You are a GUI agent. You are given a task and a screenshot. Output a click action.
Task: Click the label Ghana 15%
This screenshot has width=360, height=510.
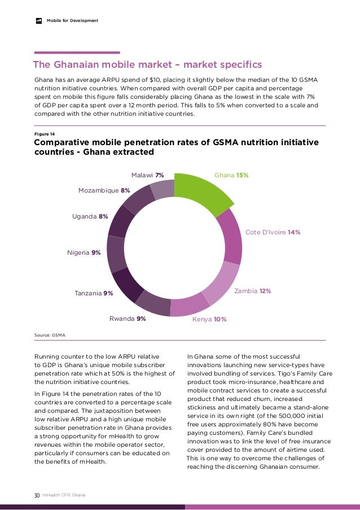pyautogui.click(x=231, y=176)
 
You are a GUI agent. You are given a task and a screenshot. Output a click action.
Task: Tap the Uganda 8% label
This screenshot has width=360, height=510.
pyautogui.click(x=90, y=216)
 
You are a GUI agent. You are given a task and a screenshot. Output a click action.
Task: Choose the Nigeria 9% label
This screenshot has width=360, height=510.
pyautogui.click(x=84, y=252)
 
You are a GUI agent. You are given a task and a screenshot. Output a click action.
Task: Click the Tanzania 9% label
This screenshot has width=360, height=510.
pyautogui.click(x=94, y=293)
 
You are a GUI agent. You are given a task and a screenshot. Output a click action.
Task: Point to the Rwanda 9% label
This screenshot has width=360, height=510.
pyautogui.click(x=128, y=319)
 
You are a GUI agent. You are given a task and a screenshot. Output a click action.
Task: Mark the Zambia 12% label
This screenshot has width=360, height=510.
pyautogui.click(x=252, y=291)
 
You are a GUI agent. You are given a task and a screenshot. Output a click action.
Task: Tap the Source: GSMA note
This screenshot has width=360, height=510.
pyautogui.click(x=50, y=335)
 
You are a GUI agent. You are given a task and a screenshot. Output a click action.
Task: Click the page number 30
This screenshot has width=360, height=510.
pyautogui.click(x=37, y=495)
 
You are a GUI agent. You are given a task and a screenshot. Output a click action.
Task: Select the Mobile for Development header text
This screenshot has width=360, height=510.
pyautogui.click(x=72, y=21)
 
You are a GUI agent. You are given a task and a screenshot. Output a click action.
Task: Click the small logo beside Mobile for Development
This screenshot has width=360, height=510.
pyautogui.click(x=39, y=21)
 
